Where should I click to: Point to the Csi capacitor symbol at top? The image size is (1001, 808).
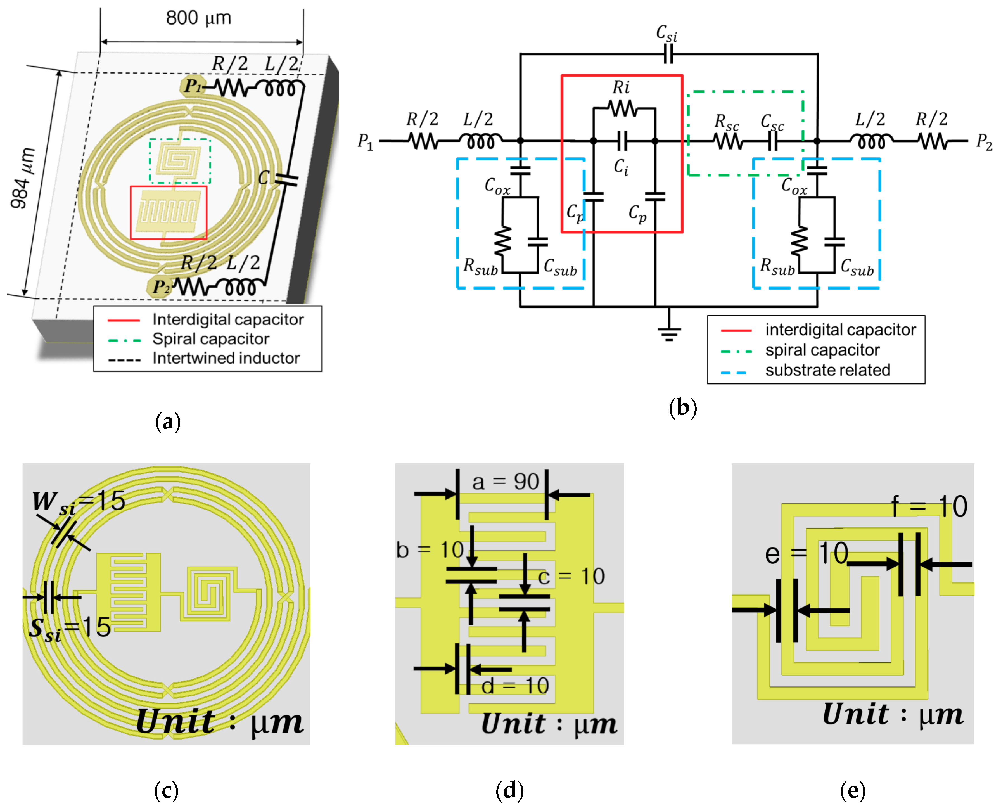pos(668,54)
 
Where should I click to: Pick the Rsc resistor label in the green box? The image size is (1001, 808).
pos(726,122)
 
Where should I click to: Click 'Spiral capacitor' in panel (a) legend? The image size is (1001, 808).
pos(210,339)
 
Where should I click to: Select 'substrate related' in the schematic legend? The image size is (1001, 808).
pos(827,370)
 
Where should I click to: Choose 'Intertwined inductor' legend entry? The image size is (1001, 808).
pos(226,358)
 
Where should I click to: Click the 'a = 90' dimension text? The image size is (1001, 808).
pos(505,482)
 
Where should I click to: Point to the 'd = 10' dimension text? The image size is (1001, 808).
pos(515,686)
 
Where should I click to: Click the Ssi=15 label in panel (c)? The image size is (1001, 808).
pos(70,628)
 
